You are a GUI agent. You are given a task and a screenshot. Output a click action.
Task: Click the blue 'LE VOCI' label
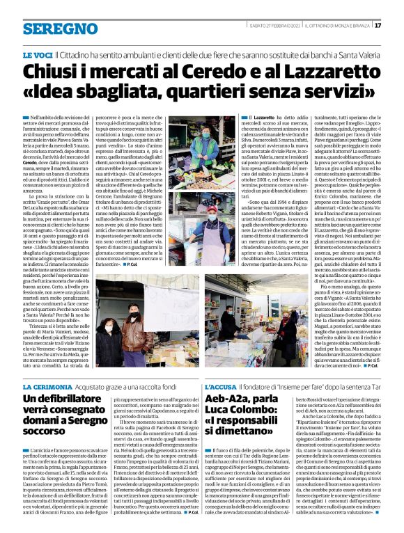click(x=38, y=54)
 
